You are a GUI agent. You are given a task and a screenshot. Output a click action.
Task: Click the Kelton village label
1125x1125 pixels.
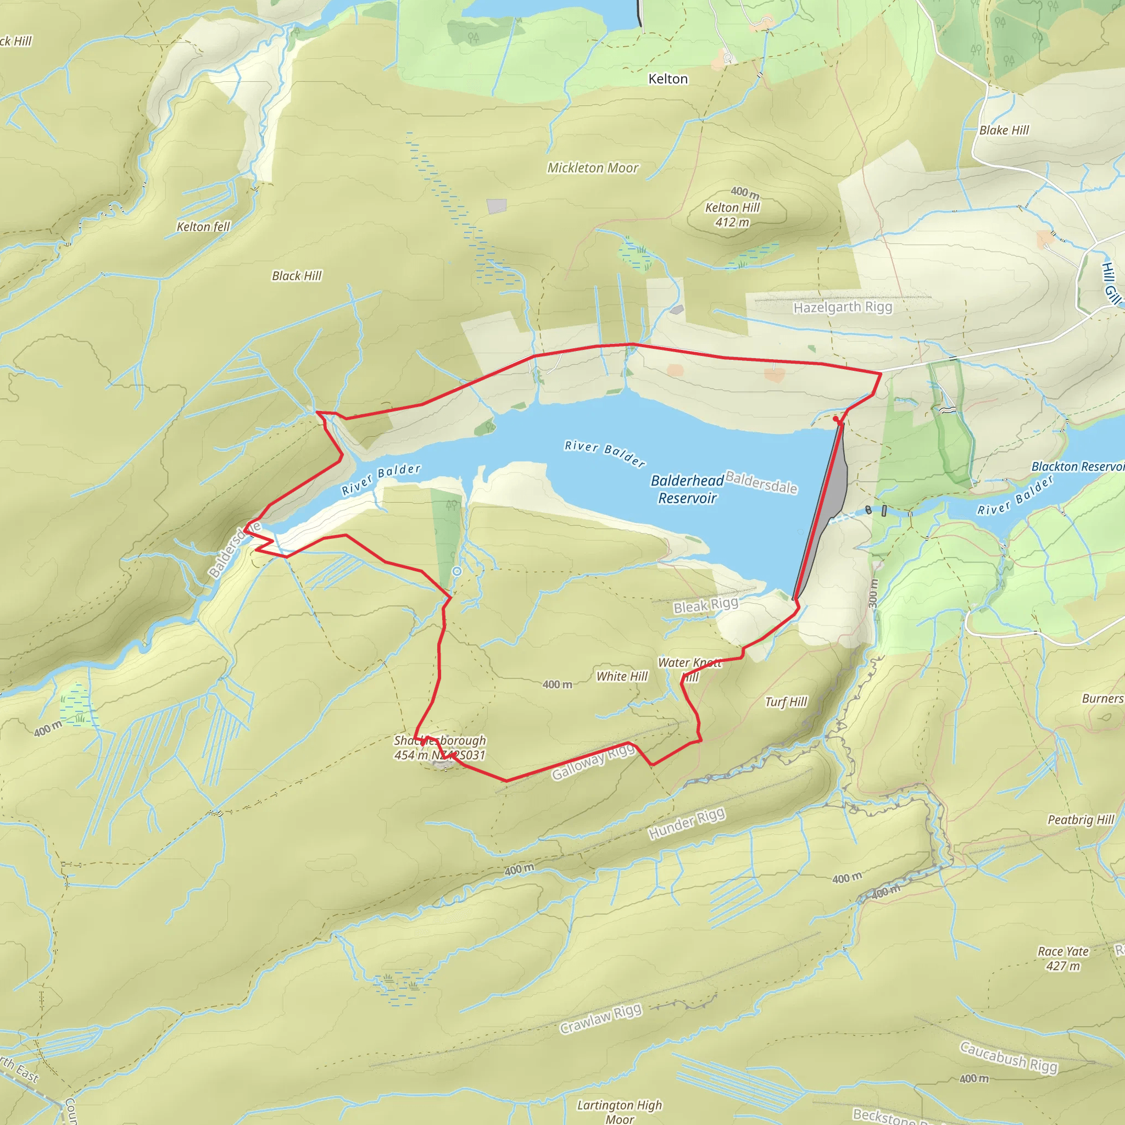pyautogui.click(x=668, y=79)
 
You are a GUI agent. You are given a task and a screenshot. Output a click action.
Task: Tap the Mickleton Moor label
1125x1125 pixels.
pyautogui.click(x=593, y=168)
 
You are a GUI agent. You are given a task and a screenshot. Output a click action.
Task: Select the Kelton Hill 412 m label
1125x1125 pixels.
pyautogui.click(x=733, y=214)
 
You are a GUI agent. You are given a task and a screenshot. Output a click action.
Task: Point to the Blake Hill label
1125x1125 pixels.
pyautogui.click(x=1004, y=130)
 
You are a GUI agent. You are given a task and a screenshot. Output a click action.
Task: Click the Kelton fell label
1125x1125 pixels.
pyautogui.click(x=204, y=226)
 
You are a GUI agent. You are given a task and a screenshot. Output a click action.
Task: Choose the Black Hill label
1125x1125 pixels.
pyautogui.click(x=297, y=275)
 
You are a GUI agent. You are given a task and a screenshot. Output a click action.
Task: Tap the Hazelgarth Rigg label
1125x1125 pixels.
pyautogui.click(x=843, y=307)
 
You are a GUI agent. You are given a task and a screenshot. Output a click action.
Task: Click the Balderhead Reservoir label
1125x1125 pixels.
pyautogui.click(x=687, y=489)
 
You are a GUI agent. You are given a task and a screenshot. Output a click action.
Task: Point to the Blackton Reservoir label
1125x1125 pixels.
pyautogui.click(x=1077, y=466)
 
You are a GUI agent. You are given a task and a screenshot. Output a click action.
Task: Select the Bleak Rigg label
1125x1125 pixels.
pyautogui.click(x=706, y=605)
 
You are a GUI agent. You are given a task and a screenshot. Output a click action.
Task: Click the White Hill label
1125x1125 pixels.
pyautogui.click(x=622, y=676)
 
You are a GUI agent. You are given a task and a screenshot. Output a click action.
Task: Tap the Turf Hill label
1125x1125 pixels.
pyautogui.click(x=786, y=701)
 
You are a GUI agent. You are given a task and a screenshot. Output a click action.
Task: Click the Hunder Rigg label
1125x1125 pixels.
pyautogui.click(x=687, y=823)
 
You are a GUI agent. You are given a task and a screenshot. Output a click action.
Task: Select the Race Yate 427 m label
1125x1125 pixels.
pyautogui.click(x=1063, y=959)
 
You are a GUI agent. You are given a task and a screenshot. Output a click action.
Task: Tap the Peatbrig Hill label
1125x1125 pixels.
pyautogui.click(x=1081, y=820)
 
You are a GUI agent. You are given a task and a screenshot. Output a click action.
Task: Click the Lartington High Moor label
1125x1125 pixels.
pyautogui.click(x=620, y=1112)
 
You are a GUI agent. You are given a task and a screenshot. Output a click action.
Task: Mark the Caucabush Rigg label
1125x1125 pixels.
pyautogui.click(x=1009, y=1057)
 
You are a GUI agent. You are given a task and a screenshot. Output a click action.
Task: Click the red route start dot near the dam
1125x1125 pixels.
pyautogui.click(x=836, y=419)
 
